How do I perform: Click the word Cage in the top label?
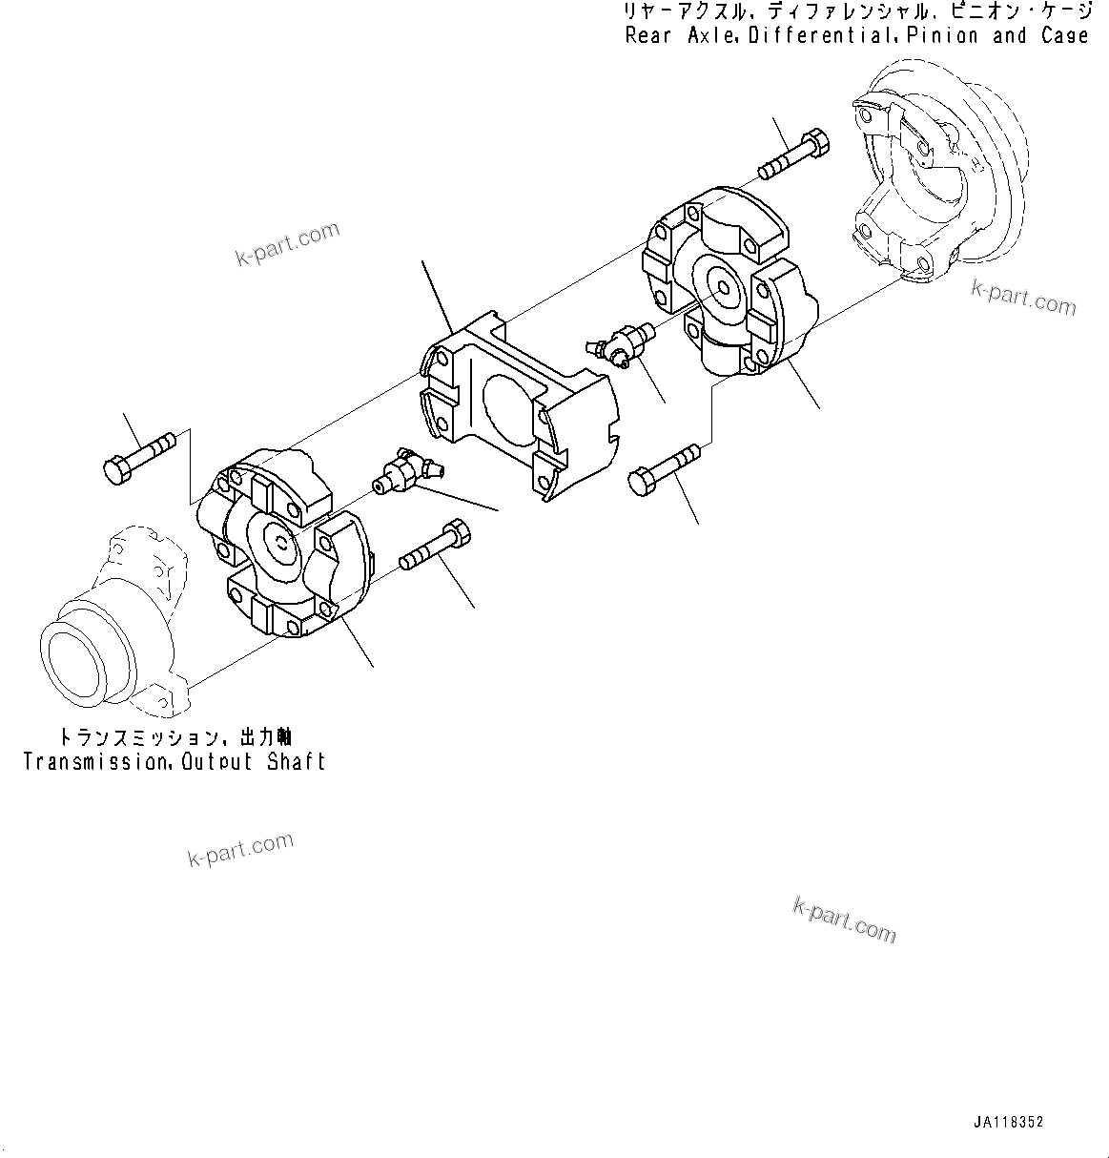(1064, 36)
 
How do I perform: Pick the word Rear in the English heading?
(648, 36)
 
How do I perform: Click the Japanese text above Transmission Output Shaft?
(175, 737)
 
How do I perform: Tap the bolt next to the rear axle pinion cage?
(794, 154)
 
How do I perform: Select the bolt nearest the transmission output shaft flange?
(138, 454)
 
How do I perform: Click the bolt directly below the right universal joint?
(665, 468)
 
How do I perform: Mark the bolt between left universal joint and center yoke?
(434, 546)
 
